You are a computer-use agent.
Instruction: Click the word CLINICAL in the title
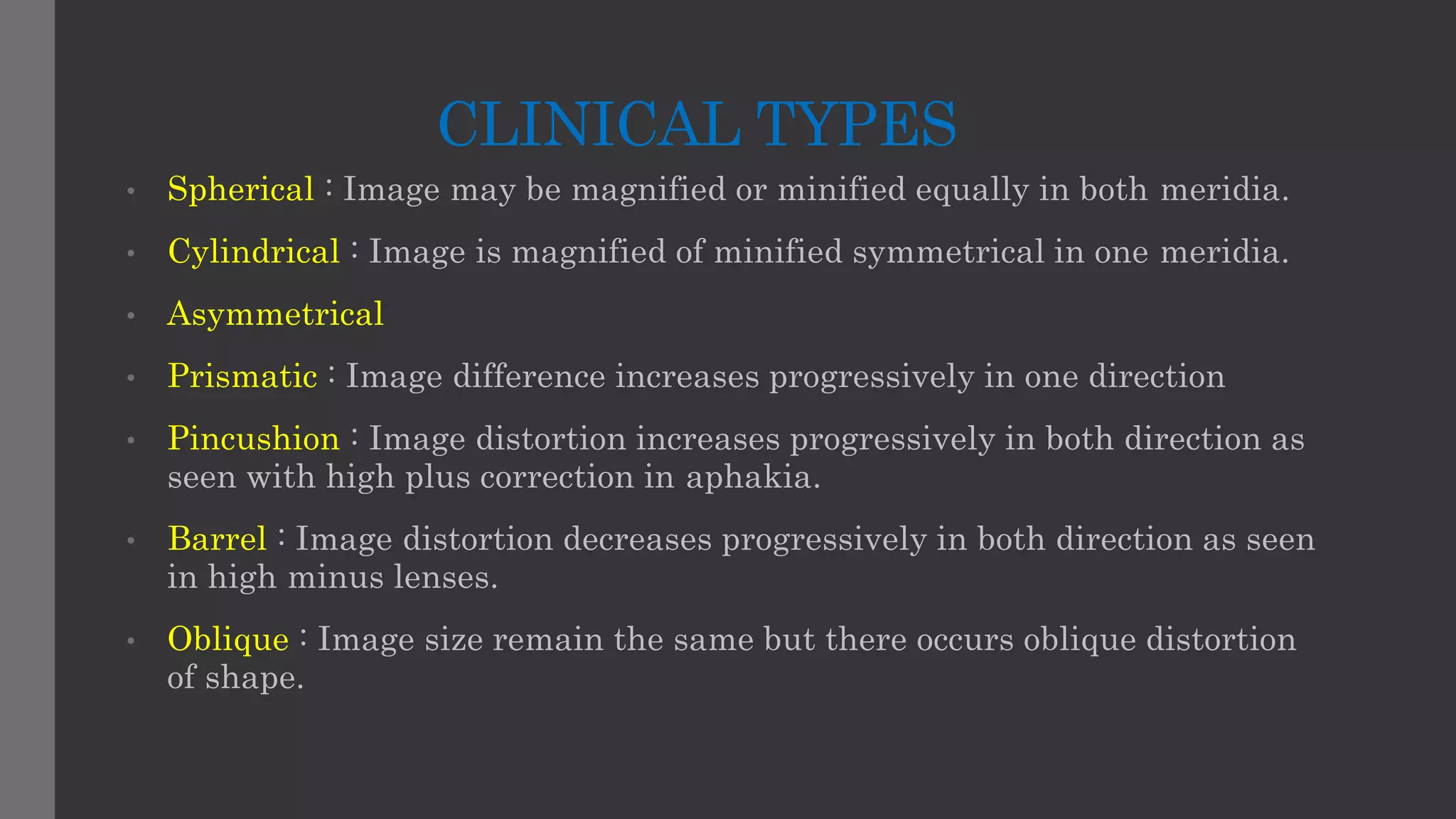point(589,124)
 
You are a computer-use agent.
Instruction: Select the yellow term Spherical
point(240,190)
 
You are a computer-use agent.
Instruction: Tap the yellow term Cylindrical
point(254,252)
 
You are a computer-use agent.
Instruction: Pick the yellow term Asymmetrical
point(275,314)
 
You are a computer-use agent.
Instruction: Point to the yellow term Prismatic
point(242,377)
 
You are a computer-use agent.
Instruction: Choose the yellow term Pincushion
point(253,439)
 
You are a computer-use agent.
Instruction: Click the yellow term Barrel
point(217,539)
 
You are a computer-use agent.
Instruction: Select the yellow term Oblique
point(227,639)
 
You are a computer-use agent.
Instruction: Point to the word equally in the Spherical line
point(972,190)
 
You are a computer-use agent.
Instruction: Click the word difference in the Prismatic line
point(529,377)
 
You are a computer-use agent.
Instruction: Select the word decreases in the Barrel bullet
point(637,539)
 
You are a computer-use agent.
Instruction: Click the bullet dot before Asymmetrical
point(131,316)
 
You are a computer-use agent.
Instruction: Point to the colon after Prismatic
point(331,375)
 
